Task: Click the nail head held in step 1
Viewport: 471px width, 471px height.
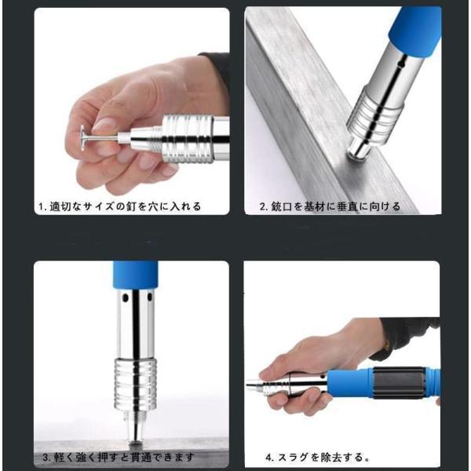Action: tap(82, 138)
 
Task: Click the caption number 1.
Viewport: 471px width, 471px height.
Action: tap(42, 207)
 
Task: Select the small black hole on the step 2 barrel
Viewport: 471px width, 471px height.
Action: tap(400, 64)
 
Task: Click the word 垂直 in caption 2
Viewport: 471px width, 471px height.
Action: tap(347, 206)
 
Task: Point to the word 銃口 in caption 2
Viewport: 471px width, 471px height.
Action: tap(282, 206)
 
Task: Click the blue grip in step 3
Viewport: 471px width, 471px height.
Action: tap(136, 275)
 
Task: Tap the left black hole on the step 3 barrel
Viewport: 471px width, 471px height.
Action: tap(126, 298)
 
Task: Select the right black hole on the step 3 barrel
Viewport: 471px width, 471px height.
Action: tap(149, 297)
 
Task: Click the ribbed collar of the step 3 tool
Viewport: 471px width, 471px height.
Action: tap(136, 385)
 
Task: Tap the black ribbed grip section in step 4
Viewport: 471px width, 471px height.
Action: tap(400, 383)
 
